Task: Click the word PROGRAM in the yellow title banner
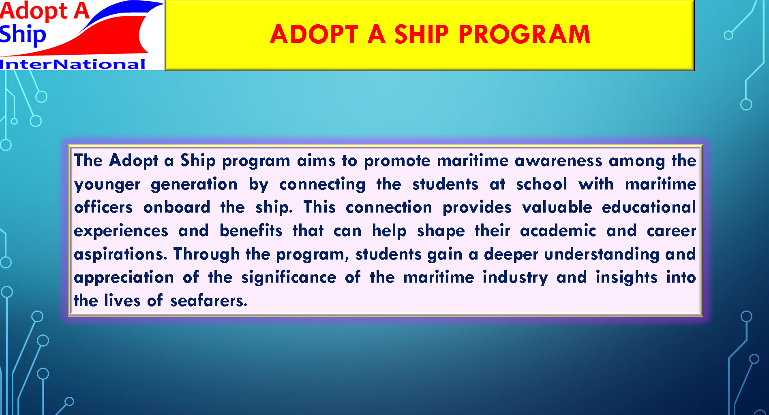coord(524,34)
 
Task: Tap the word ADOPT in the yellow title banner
coord(314,34)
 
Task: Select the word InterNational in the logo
coord(73,64)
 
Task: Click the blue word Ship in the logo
coord(23,35)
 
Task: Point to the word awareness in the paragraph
coord(559,161)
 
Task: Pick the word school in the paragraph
coord(541,184)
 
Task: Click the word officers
coord(103,207)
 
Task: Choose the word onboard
coord(177,207)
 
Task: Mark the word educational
coord(649,207)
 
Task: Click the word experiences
coord(121,231)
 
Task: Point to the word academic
coord(558,230)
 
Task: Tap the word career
coord(671,231)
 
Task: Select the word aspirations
coord(120,254)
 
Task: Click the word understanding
coord(602,254)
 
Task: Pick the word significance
coord(289,278)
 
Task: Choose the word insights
coord(626,278)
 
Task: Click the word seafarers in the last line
coord(208,300)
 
